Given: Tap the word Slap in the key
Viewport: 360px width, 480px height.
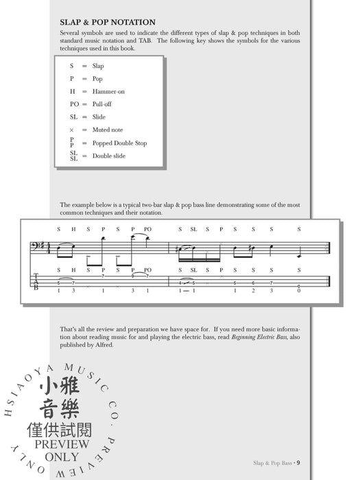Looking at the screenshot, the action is pyautogui.click(x=98, y=66).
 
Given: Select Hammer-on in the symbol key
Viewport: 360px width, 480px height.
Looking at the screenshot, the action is pyautogui.click(x=108, y=91).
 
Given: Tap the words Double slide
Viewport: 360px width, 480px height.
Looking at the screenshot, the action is pyautogui.click(x=110, y=156).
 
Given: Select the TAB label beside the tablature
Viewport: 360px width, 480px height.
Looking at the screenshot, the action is pyautogui.click(x=36, y=281).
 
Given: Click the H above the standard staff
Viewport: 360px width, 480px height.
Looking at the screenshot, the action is pyautogui.click(x=73, y=230).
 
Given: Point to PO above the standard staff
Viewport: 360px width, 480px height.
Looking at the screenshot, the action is pyautogui.click(x=147, y=230).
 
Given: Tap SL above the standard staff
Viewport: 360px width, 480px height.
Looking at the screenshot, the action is pyautogui.click(x=194, y=230).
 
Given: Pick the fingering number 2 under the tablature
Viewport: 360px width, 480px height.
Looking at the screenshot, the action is pyautogui.click(x=254, y=291).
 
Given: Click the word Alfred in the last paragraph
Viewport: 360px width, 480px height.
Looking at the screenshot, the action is pyautogui.click(x=104, y=345).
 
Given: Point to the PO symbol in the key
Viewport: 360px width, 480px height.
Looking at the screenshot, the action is pyautogui.click(x=74, y=104).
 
